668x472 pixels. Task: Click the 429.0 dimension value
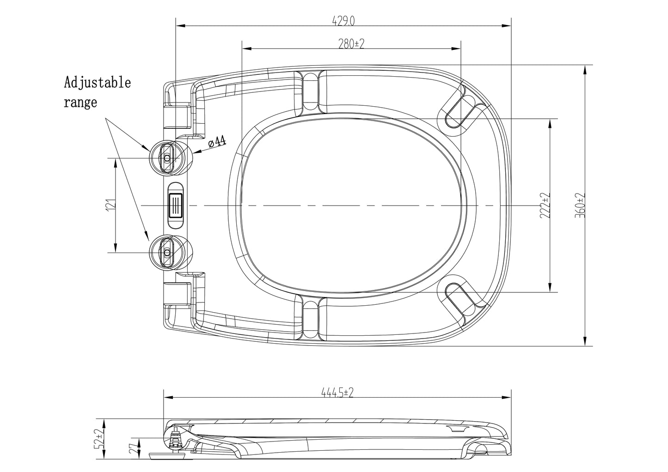[x=343, y=21]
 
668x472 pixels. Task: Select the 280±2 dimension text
[x=351, y=44]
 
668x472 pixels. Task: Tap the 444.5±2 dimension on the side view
[x=337, y=393]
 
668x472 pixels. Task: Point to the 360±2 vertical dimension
[x=580, y=206]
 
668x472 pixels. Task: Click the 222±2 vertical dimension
[x=545, y=206]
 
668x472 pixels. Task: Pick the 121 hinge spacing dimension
[x=110, y=205]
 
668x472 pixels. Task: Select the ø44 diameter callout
[x=217, y=142]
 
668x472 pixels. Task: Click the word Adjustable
[x=98, y=83]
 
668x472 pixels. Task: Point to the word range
[x=80, y=103]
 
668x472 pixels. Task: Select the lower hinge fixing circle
[x=171, y=252]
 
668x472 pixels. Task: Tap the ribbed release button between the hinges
[x=176, y=206]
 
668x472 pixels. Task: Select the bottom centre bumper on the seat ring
[x=311, y=319]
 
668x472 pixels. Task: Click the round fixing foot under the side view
[x=167, y=455]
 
